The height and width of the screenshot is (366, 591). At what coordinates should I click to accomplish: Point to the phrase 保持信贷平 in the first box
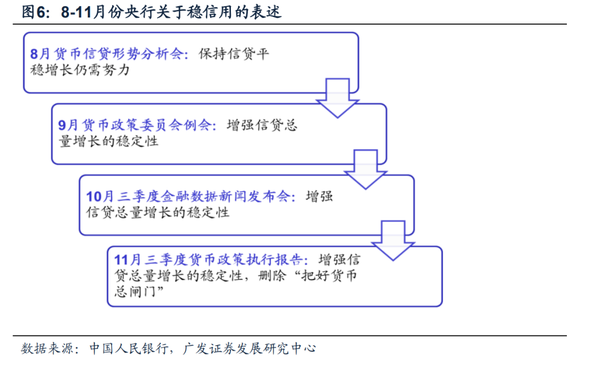point(234,54)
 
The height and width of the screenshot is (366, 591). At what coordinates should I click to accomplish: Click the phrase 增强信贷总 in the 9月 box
point(263,125)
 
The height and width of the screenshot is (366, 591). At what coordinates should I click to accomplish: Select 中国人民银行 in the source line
point(129,348)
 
